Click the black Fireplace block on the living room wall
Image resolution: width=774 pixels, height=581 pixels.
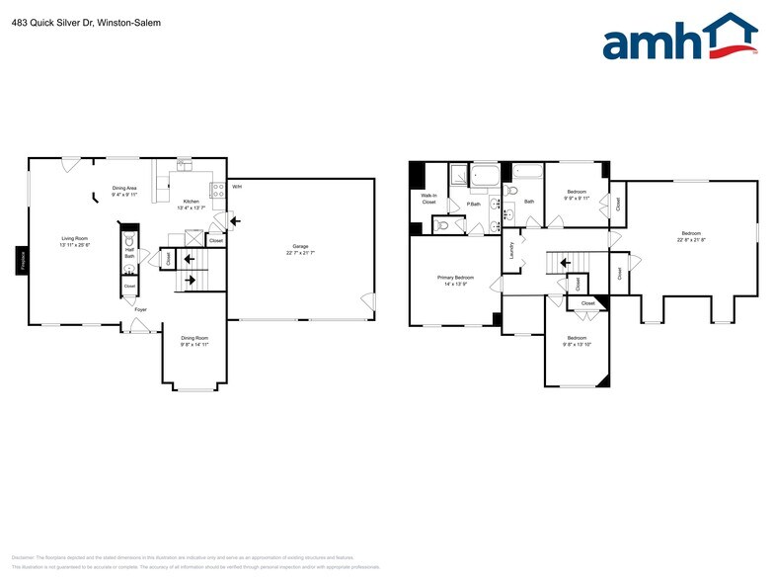pyautogui.click(x=21, y=260)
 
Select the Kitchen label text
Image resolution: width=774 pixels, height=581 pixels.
pyautogui.click(x=192, y=202)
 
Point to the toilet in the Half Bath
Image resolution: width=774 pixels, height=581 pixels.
pyautogui.click(x=129, y=268)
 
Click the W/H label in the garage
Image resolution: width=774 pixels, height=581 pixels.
pyautogui.click(x=236, y=186)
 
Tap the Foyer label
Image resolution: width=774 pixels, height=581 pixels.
pyautogui.click(x=141, y=309)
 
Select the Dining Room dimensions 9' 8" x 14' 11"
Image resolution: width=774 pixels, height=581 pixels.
pyautogui.click(x=194, y=345)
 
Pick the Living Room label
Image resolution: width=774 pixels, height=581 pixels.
pyautogui.click(x=75, y=238)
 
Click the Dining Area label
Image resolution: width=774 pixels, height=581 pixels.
pyautogui.click(x=124, y=188)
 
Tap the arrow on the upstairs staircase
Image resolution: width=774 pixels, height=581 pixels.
pyautogui.click(x=564, y=263)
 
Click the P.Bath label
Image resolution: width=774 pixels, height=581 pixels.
pyautogui.click(x=474, y=204)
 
